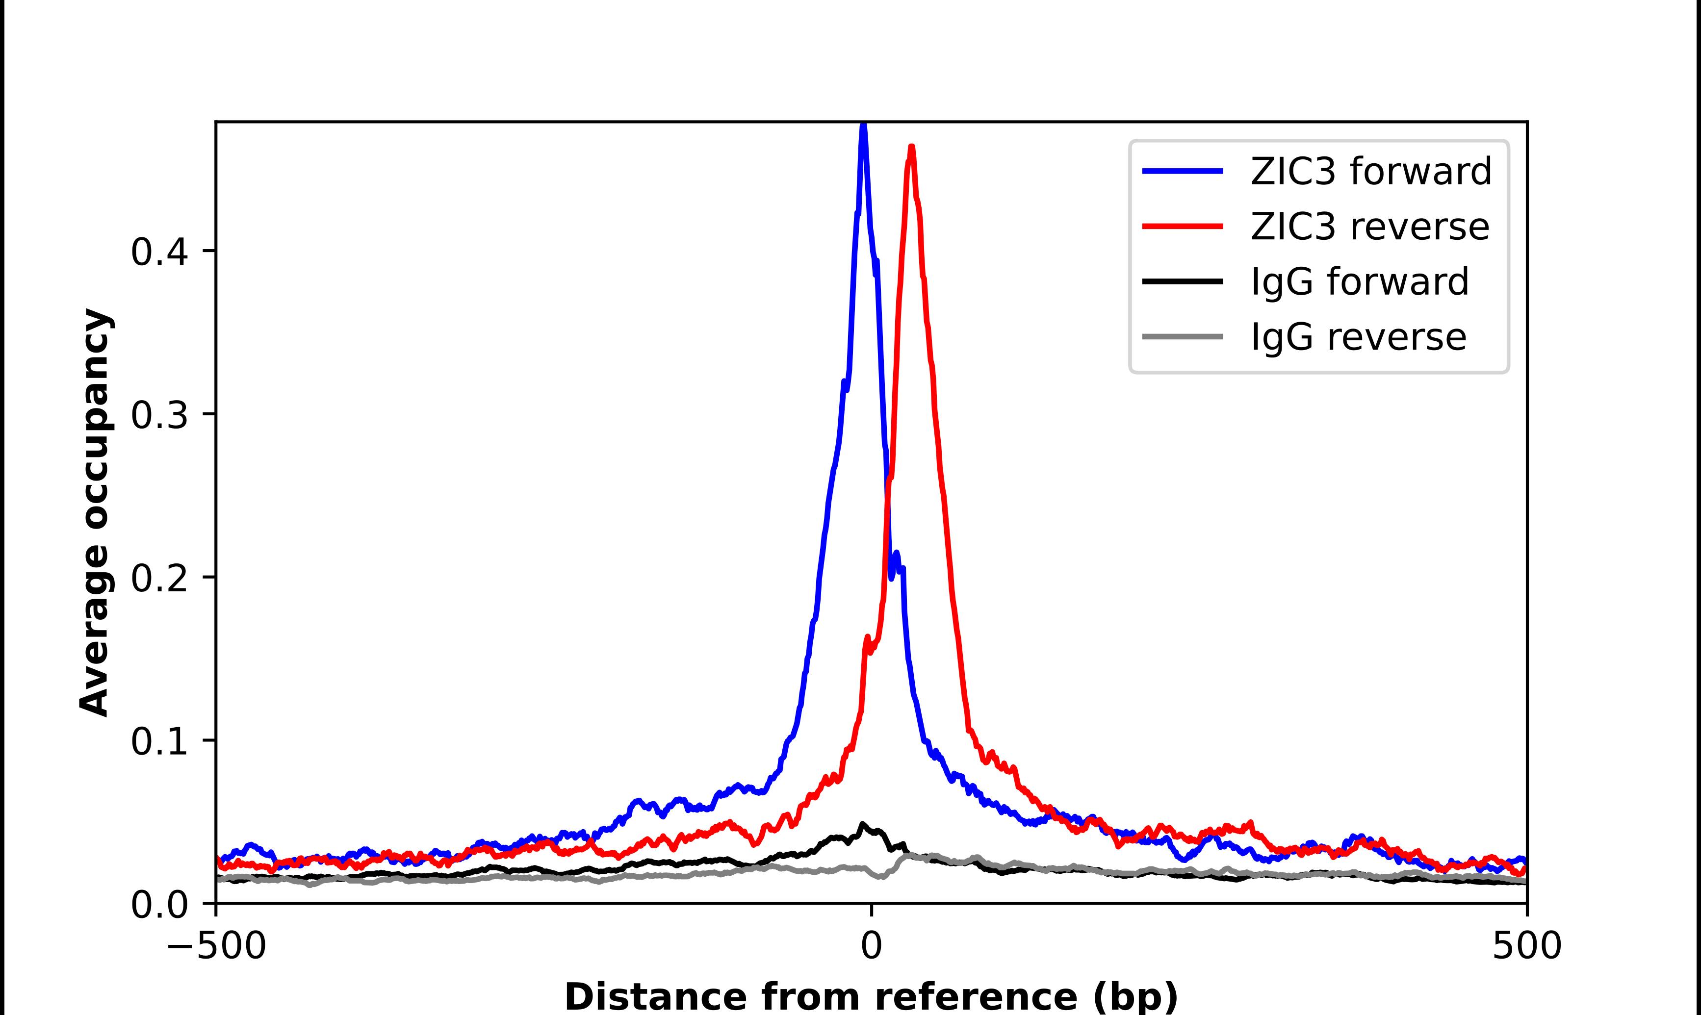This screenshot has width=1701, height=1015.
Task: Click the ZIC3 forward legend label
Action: (1370, 171)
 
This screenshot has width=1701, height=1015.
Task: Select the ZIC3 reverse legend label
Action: (1369, 227)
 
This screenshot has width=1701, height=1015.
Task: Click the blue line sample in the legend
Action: (1183, 171)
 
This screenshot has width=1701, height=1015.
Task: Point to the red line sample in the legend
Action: (1183, 227)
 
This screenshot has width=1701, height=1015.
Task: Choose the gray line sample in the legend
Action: (1183, 336)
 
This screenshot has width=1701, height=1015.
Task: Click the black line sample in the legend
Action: (1183, 281)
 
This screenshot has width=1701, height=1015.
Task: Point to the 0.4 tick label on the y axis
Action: (159, 252)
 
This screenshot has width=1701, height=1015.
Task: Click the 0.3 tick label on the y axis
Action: (159, 414)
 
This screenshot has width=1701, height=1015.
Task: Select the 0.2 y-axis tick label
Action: (159, 578)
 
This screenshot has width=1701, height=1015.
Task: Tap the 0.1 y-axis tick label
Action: (159, 741)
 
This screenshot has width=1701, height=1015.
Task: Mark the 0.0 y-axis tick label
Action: (159, 905)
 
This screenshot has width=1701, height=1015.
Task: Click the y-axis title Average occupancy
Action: (94, 513)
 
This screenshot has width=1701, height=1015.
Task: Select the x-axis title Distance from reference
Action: (871, 996)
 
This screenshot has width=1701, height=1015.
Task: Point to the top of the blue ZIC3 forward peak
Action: (863, 125)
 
